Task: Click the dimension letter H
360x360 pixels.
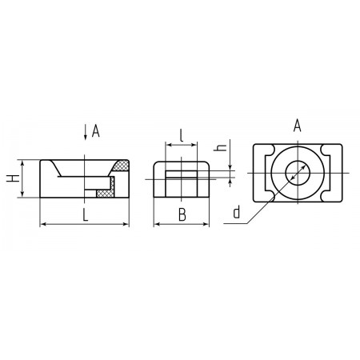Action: pyautogui.click(x=13, y=178)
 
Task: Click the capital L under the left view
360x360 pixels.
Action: pyautogui.click(x=85, y=215)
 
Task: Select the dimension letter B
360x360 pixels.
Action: pyautogui.click(x=182, y=215)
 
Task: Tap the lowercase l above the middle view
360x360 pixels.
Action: pyautogui.click(x=182, y=135)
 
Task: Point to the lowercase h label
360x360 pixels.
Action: pyautogui.click(x=220, y=147)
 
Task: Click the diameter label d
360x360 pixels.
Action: pyautogui.click(x=237, y=212)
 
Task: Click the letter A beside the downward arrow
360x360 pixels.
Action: pyautogui.click(x=95, y=131)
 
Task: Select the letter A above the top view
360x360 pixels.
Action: pyautogui.click(x=297, y=126)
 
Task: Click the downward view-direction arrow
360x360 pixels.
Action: pyautogui.click(x=86, y=132)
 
